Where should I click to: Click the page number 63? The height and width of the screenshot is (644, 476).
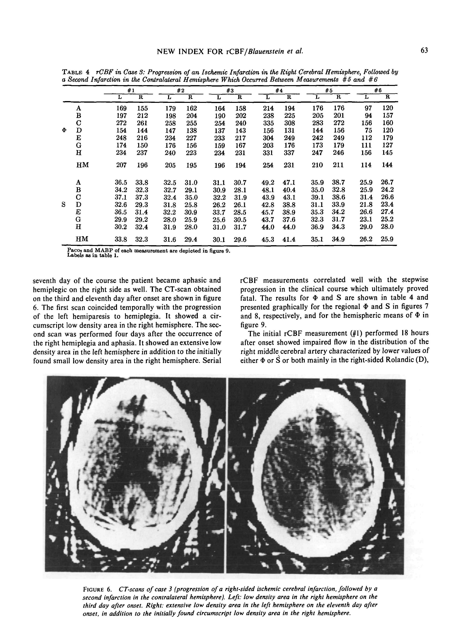coord(424,50)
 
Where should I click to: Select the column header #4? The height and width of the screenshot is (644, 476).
coord(278,90)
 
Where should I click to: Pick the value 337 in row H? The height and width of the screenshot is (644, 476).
coord(289,153)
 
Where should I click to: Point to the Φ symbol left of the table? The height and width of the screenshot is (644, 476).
coord(64,130)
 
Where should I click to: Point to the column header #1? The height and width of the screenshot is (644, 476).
coord(131,90)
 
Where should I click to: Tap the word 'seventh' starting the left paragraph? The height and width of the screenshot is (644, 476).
coord(46,280)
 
